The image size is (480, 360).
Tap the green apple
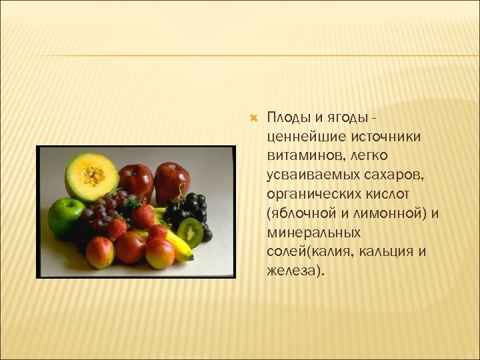[65, 217]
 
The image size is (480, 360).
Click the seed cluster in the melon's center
[93, 175]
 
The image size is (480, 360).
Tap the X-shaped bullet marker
[252, 118]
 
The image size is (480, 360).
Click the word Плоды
[287, 118]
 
